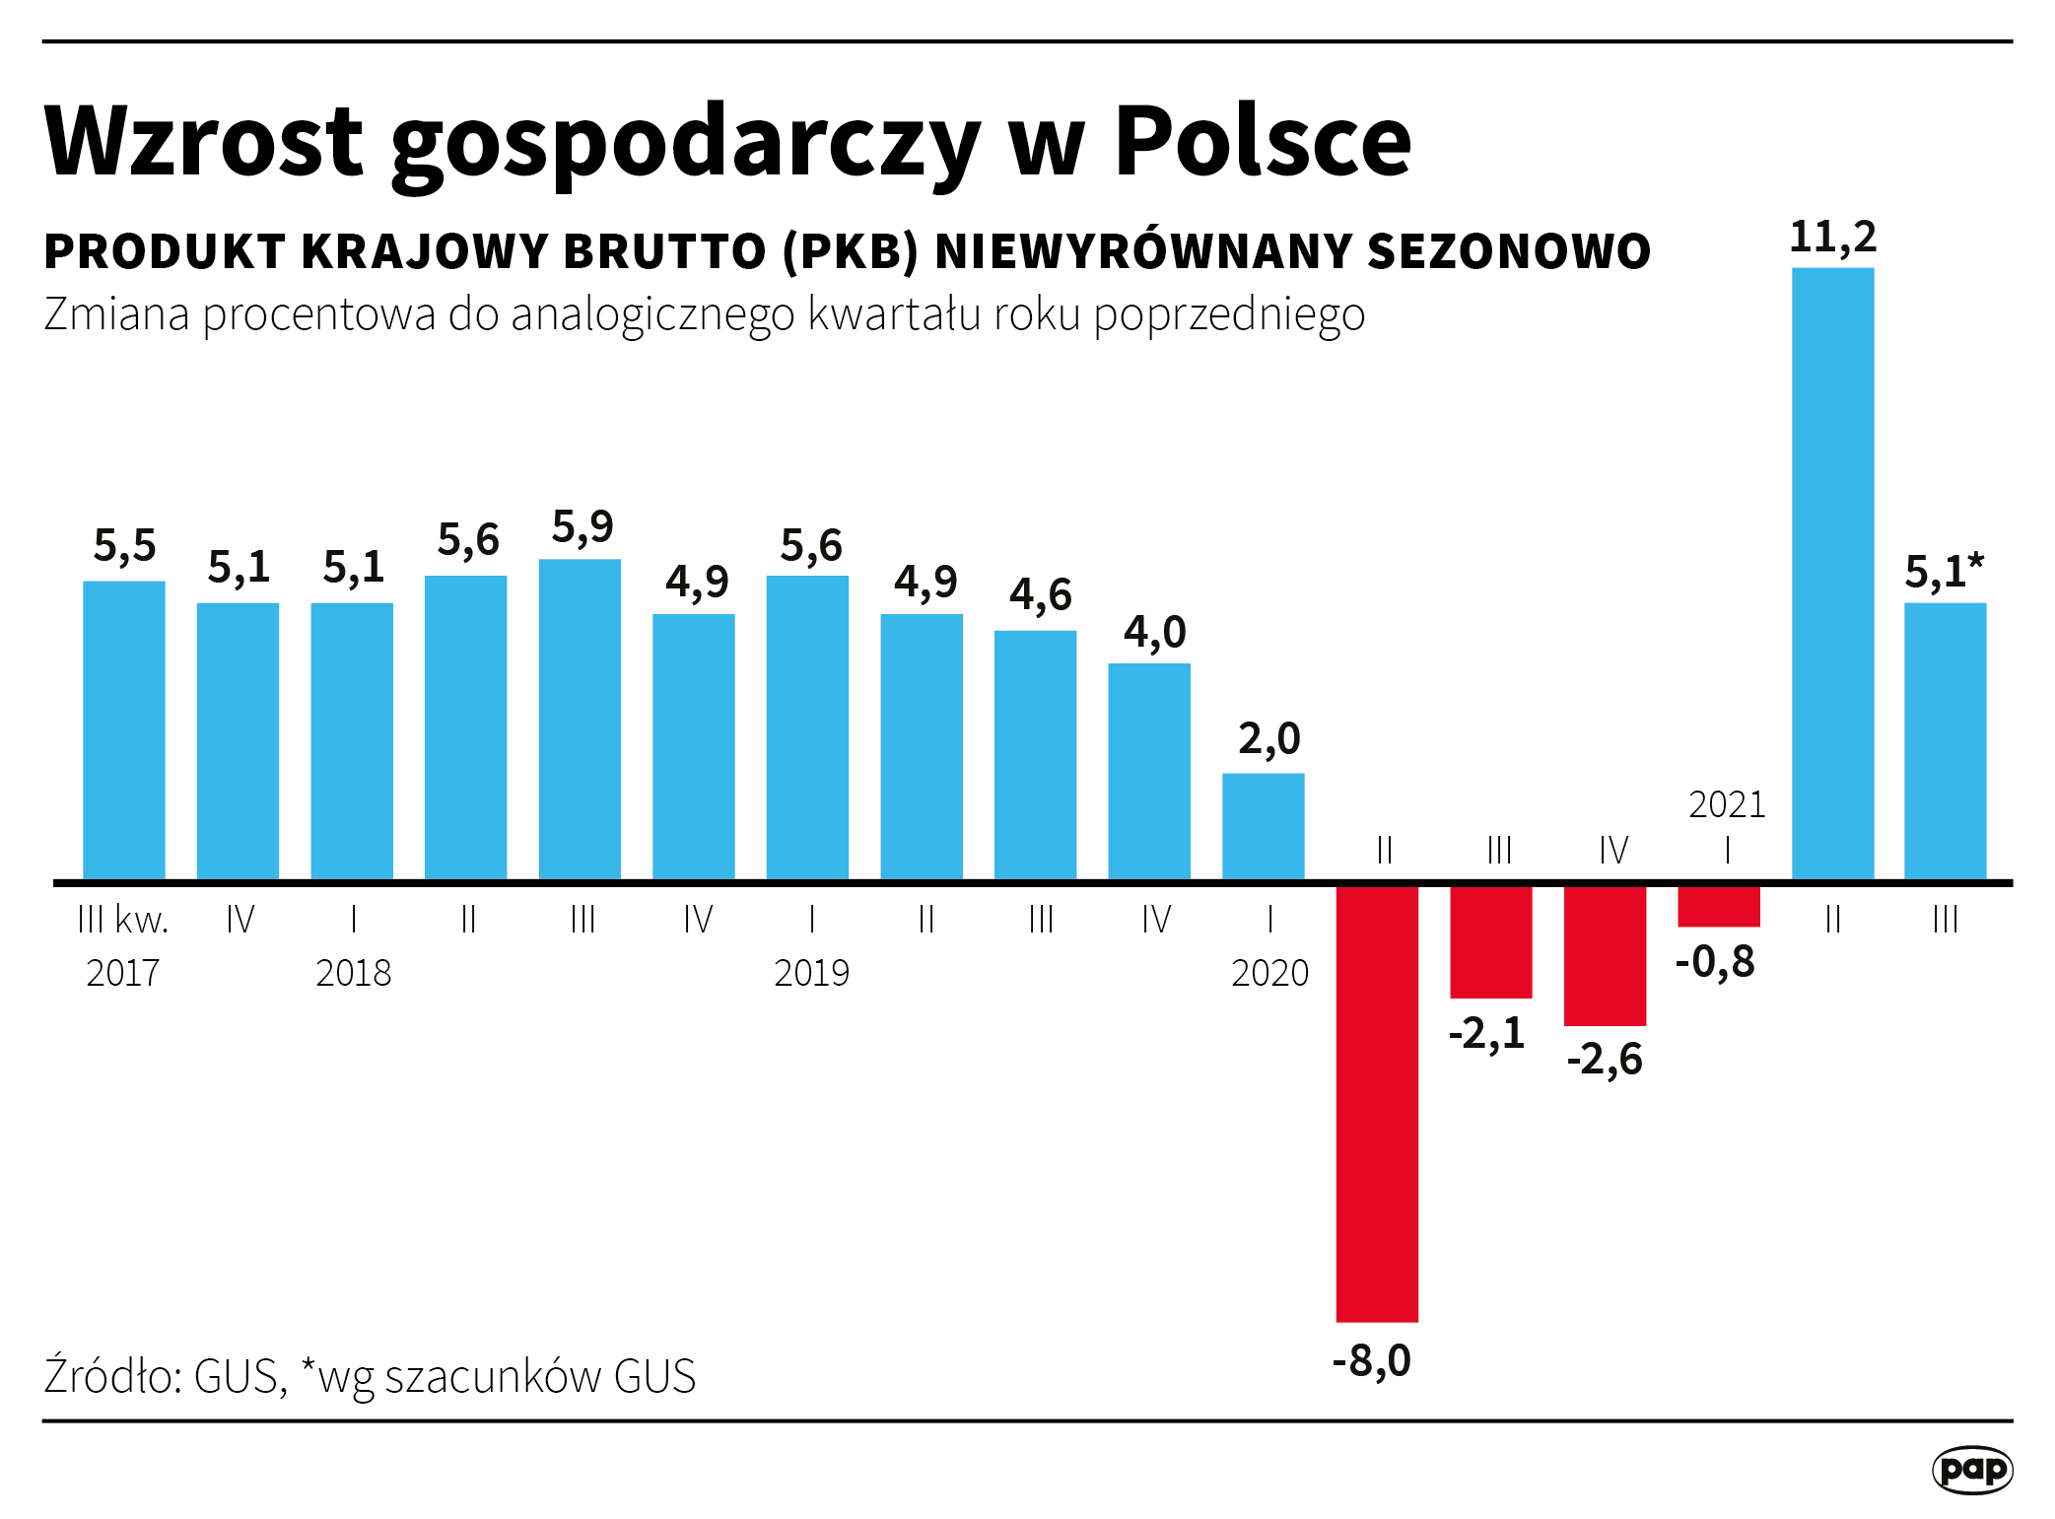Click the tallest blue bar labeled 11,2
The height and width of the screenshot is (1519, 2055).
[x=1832, y=572]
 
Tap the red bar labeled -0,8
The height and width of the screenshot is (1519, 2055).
[x=1719, y=906]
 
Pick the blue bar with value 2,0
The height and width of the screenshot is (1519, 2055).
[x=1263, y=825]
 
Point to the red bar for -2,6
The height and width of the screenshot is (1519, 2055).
[x=1605, y=955]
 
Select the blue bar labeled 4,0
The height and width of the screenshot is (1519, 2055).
[x=1149, y=770]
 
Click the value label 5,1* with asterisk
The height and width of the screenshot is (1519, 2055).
[x=1944, y=572]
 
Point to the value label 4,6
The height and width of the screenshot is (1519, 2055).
[x=1040, y=594]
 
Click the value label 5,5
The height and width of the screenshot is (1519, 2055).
[x=124, y=545]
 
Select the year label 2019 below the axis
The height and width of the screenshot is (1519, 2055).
[x=811, y=973]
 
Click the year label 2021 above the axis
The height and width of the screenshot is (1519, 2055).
[x=1727, y=804]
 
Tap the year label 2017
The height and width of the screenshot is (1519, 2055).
[x=122, y=973]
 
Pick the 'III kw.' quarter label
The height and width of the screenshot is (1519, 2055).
[x=122, y=920]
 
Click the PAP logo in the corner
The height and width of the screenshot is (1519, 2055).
[x=1971, y=1470]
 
